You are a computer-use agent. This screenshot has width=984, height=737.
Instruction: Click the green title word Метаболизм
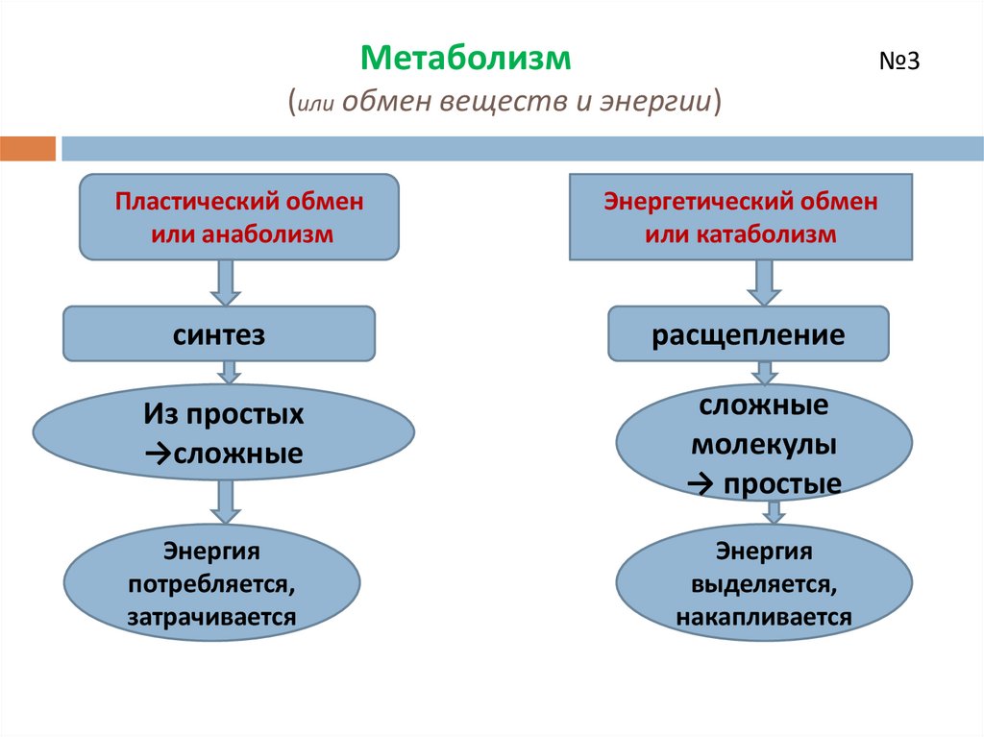466,59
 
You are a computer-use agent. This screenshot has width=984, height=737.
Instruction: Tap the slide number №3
899,61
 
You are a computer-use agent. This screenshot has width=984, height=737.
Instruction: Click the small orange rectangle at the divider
28,149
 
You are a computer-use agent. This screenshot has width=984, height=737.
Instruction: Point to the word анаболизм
267,234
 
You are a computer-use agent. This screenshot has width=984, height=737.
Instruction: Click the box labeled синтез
219,334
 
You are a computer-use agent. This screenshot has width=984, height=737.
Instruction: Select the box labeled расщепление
748,334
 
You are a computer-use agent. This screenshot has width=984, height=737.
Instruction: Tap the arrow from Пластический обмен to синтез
226,283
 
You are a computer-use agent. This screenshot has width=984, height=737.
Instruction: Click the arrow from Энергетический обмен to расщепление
764,283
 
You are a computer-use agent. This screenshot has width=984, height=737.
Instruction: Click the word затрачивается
212,617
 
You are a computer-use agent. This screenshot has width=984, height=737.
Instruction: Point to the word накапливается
764,617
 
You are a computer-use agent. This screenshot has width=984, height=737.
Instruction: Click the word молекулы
764,445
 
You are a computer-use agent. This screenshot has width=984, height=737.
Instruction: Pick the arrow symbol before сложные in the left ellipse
159,454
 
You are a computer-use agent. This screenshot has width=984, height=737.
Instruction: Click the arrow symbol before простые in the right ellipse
701,483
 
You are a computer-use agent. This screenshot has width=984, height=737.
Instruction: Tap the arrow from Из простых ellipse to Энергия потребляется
226,502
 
